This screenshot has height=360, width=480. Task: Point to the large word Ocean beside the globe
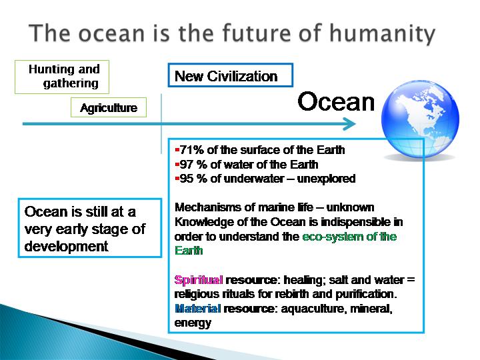point(336,101)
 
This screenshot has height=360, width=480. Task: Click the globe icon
point(420,119)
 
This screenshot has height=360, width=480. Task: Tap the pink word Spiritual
point(199,280)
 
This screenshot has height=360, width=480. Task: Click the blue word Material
point(197,308)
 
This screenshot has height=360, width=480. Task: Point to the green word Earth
point(189,251)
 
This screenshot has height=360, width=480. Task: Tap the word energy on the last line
point(193,323)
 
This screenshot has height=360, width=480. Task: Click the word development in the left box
point(66,247)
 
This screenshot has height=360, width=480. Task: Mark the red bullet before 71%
point(177,150)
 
